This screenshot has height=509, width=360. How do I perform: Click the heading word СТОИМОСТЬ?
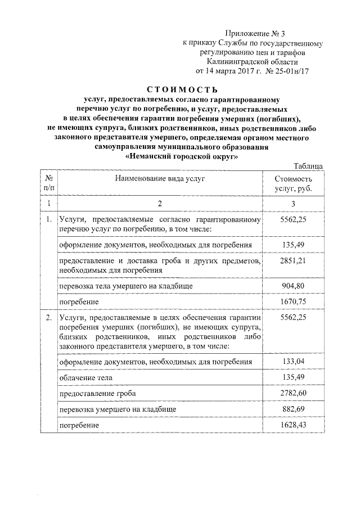(x=182, y=89)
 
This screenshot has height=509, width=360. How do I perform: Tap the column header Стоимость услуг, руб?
(x=292, y=183)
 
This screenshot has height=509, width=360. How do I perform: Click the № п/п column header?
(x=49, y=183)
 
